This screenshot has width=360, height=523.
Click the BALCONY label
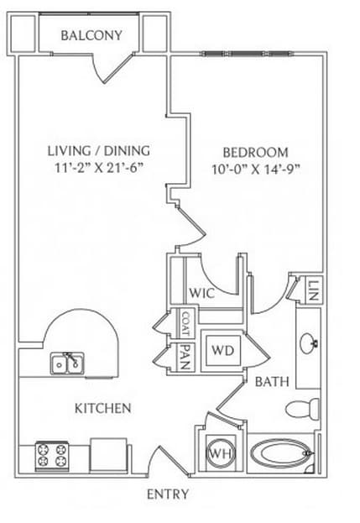pyautogui.click(x=91, y=35)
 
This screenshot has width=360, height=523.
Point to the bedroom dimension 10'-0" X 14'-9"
pyautogui.click(x=256, y=170)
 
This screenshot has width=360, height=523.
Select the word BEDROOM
pyautogui.click(x=255, y=153)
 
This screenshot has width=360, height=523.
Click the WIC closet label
pyautogui.click(x=201, y=293)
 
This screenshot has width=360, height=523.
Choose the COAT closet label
pyautogui.click(x=185, y=323)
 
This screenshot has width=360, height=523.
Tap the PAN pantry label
pyautogui.click(x=185, y=358)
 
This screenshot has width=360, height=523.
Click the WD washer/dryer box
pyautogui.click(x=223, y=351)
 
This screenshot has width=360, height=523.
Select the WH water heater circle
pyautogui.click(x=222, y=453)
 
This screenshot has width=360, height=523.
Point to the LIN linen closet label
pyautogui.click(x=314, y=290)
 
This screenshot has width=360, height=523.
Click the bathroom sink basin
pyautogui.click(x=309, y=343)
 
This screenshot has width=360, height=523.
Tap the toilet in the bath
pyautogui.click(x=302, y=408)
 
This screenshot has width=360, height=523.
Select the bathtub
pyautogui.click(x=282, y=453)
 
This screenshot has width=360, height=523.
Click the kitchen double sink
pyautogui.click(x=67, y=363)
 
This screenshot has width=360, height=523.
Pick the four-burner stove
pyautogui.click(x=52, y=455)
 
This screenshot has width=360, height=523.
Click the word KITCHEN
pyautogui.click(x=102, y=408)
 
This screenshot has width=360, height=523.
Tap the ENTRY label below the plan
pyautogui.click(x=168, y=494)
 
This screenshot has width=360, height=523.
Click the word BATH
pyautogui.click(x=272, y=382)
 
